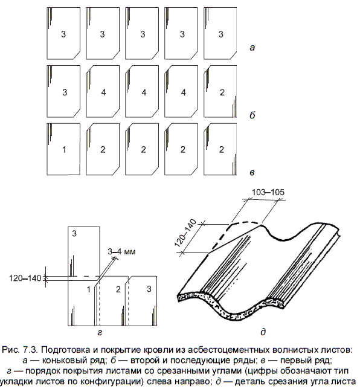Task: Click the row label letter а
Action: coord(252,47)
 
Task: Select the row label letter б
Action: coord(252,115)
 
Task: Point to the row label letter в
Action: coord(252,172)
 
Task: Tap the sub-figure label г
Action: coord(100,332)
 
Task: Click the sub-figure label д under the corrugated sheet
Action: coord(263,332)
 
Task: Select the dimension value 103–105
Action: coord(268,192)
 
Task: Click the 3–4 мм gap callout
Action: coord(121,251)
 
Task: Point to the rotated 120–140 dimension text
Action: coord(186,233)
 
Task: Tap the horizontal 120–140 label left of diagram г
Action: coord(25,278)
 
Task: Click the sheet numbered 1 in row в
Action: coord(63,149)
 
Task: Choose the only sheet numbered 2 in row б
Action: coord(220,92)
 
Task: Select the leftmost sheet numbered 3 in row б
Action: coord(63,92)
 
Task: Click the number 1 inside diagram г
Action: coord(89,289)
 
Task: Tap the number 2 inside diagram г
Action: coord(118,289)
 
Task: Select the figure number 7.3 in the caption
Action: coord(30,350)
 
